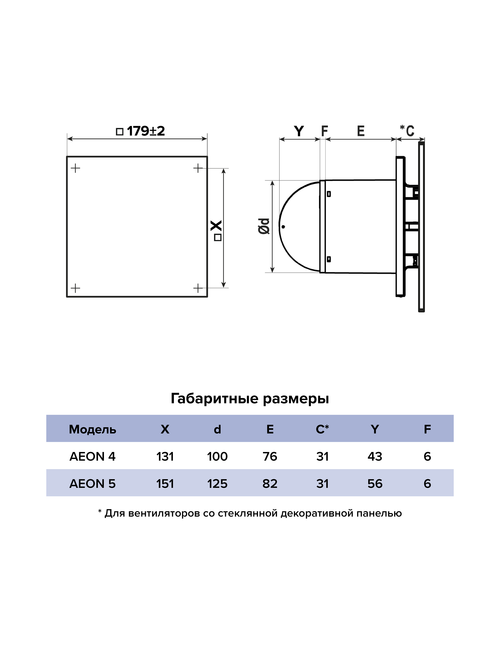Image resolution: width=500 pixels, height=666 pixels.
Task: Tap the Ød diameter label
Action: click(264, 226)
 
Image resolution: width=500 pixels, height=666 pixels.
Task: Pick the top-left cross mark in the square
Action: click(75, 168)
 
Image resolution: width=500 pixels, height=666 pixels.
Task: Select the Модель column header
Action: click(93, 429)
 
